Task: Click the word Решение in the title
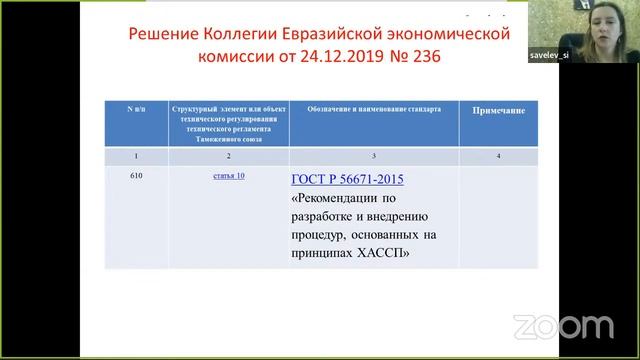coord(167,35)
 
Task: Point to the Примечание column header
coord(498,111)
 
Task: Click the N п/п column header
coord(137,107)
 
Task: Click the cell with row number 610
coord(137,176)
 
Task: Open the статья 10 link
coord(229,176)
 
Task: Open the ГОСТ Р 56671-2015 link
coord(348,179)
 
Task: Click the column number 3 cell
coord(373,155)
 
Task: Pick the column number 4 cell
coord(498,155)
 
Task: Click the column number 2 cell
coord(229,155)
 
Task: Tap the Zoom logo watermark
coord(563,326)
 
